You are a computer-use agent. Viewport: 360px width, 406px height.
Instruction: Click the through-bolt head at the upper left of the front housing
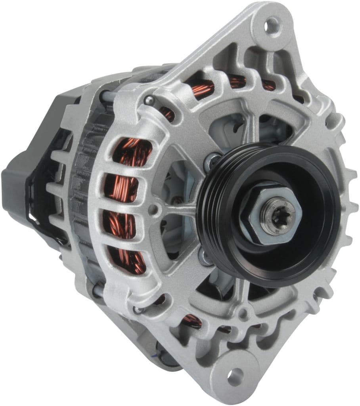click(x=149, y=100)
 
